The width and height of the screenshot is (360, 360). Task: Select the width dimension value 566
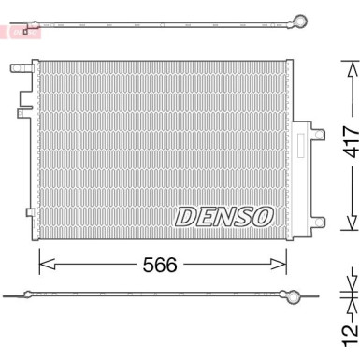[161, 265]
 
